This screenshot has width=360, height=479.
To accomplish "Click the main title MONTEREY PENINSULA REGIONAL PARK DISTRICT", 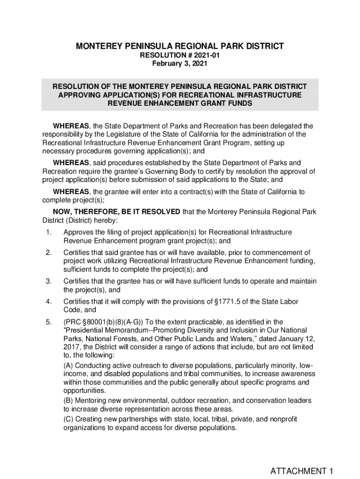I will pos(180,46).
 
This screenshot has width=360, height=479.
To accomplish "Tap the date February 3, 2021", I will pos(180,64).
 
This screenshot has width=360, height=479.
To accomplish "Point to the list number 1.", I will pos(48,232).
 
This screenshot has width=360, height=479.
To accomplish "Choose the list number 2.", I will pos(48,253).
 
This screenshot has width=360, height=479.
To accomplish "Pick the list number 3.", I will pos(48,281).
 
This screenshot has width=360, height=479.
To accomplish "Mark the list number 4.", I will pos(48,302).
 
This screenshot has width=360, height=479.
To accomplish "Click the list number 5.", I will pos(48,322).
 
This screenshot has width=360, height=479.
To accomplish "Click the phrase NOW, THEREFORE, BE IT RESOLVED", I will pos(116,212).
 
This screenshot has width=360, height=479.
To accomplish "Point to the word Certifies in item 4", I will pos(77,302).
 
